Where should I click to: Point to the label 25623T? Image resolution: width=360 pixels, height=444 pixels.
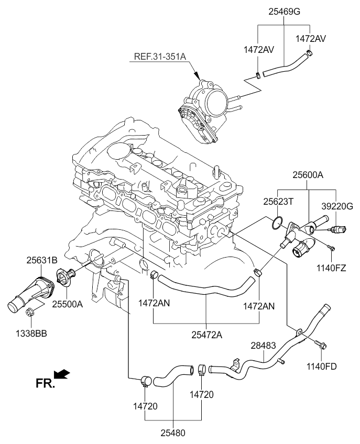[x=278, y=201]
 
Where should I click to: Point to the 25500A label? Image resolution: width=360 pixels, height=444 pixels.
[x=68, y=303]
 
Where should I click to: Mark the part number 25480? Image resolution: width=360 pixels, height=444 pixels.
[x=173, y=432]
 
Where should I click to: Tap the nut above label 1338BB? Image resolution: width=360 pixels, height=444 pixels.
[x=30, y=314]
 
